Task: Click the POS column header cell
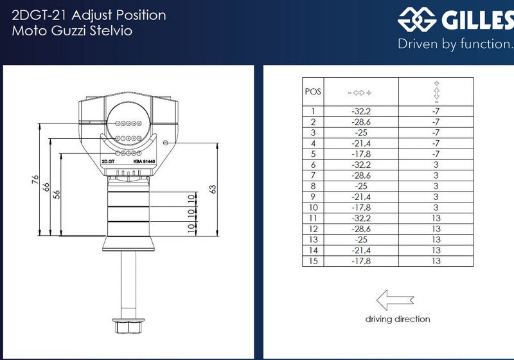(x=313, y=91)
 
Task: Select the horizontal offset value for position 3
(x=361, y=133)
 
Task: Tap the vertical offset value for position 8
(x=436, y=186)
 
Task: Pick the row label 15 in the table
(x=313, y=261)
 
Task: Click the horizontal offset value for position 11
(x=361, y=219)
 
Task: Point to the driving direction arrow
(x=395, y=300)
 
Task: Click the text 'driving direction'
(x=398, y=319)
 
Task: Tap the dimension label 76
(x=35, y=179)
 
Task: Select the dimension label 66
(x=46, y=187)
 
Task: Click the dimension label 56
(x=57, y=195)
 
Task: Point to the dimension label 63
(x=213, y=190)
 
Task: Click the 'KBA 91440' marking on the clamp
(x=144, y=161)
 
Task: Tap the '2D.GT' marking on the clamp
(x=108, y=161)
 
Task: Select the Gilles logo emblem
(x=417, y=20)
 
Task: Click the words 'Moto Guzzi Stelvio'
(x=72, y=31)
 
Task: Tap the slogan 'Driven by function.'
(x=455, y=44)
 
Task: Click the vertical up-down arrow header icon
(x=436, y=92)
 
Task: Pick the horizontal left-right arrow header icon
(x=360, y=93)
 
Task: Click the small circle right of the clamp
(x=166, y=143)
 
